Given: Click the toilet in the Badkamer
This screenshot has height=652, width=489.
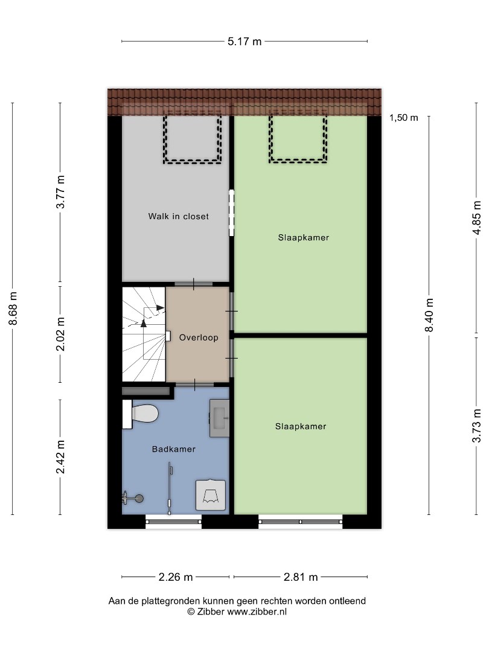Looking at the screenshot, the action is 141,414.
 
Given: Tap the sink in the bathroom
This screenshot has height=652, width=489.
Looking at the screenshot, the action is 219,418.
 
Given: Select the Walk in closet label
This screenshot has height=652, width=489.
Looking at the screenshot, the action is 178,216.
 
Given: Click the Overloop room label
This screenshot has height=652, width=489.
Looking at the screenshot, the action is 199,337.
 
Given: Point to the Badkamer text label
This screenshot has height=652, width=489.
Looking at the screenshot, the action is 174,449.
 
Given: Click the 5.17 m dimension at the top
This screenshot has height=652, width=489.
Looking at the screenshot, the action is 245,41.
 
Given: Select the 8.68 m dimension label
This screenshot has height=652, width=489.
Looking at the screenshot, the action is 13,308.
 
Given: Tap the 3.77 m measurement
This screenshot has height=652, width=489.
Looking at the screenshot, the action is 61,192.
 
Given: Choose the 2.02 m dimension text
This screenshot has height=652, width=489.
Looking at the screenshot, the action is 61,334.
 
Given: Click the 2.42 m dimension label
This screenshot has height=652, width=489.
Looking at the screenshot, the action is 61,456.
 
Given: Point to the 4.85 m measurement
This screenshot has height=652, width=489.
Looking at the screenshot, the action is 477,218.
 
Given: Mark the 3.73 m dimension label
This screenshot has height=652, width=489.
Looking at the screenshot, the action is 477,426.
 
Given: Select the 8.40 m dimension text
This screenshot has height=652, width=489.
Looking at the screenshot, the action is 430,315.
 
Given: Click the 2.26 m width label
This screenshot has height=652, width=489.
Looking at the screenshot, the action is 176,577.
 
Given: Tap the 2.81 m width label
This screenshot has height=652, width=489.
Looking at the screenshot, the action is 301,577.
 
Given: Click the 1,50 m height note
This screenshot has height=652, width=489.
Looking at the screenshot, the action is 404,118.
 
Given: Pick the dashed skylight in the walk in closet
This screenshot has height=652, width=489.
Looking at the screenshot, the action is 192,139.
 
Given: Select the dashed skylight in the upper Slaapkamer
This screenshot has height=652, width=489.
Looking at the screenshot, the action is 298,138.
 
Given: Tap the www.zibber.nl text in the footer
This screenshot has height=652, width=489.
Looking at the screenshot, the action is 257,612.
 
